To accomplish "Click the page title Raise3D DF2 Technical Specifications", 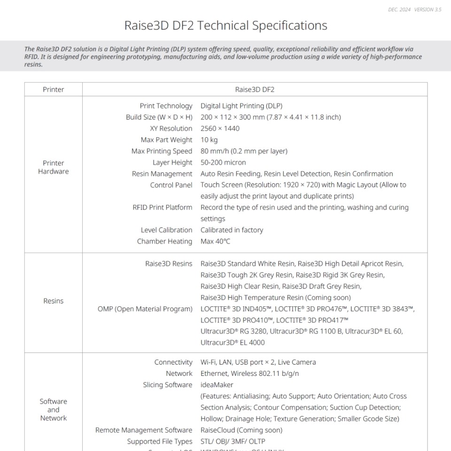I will (x=225, y=25).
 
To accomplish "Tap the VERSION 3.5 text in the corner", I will (x=428, y=9).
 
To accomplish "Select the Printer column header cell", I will (x=53, y=89).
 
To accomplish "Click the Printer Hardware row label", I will (x=53, y=167).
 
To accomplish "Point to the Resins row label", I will (x=53, y=301).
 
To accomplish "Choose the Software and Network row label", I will (x=53, y=410).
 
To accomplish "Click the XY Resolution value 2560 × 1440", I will (x=220, y=128).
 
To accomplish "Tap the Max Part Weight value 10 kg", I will (x=209, y=140).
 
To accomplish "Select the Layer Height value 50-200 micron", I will (x=223, y=162).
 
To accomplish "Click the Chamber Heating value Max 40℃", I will (x=215, y=241).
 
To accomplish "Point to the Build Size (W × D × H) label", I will (x=159, y=117).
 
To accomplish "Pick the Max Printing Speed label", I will (x=162, y=151).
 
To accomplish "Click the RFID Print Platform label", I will (x=162, y=207).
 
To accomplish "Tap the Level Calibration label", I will (x=166, y=230).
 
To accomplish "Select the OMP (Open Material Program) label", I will (x=145, y=309).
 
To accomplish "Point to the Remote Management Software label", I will (x=144, y=430).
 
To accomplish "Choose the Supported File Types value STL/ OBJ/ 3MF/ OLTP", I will (x=233, y=441).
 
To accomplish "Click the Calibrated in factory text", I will (x=232, y=230).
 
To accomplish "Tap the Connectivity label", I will (x=173, y=362).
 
